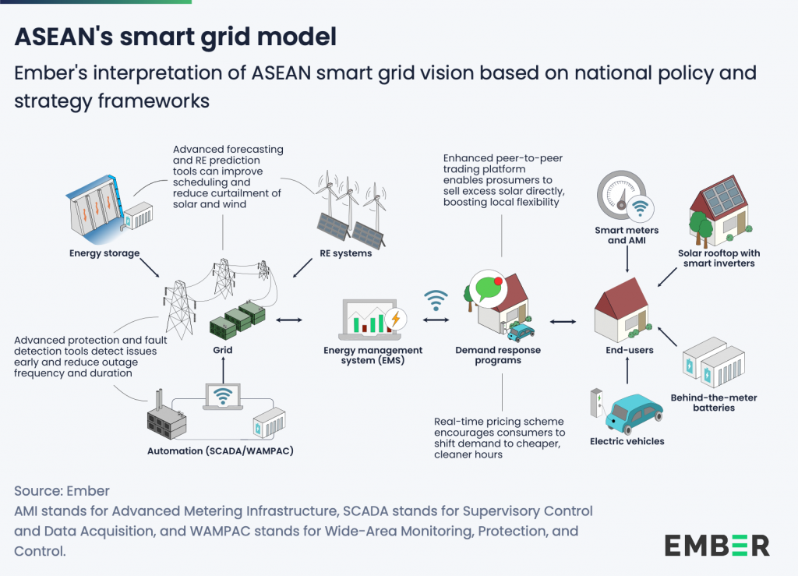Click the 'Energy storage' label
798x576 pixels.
click(104, 253)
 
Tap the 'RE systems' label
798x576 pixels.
click(345, 253)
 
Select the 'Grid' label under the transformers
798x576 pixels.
click(224, 350)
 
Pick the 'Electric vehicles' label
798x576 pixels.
click(627, 442)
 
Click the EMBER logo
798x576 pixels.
click(717, 545)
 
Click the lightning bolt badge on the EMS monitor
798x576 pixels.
click(396, 319)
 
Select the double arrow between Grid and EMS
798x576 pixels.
click(289, 320)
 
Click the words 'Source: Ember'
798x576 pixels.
click(62, 491)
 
